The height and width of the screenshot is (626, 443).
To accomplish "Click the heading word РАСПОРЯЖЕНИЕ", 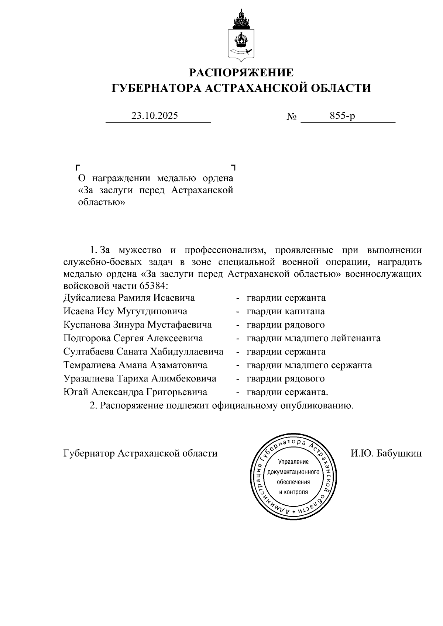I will point(241,73).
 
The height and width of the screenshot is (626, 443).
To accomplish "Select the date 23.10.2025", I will point(155,116).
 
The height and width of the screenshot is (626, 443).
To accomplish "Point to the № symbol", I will point(292,117).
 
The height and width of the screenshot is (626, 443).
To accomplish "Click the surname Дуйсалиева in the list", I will point(89,298).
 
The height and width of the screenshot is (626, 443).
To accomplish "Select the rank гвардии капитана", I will point(286,311).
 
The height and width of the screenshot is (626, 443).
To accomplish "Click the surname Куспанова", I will point(89,325).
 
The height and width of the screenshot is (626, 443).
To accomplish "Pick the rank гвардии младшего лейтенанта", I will point(313,338).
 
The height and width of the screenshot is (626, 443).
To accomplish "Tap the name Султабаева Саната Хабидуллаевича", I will point(143,352).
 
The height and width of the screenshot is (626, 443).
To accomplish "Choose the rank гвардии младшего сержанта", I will point(309,365).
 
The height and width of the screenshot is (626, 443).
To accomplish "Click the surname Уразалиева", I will point(89,378).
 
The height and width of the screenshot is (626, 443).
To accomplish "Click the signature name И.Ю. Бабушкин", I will point(386,453).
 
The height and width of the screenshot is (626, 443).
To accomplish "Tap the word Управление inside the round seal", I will point(293,462).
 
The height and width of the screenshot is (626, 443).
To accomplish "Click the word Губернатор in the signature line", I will point(89,453).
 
